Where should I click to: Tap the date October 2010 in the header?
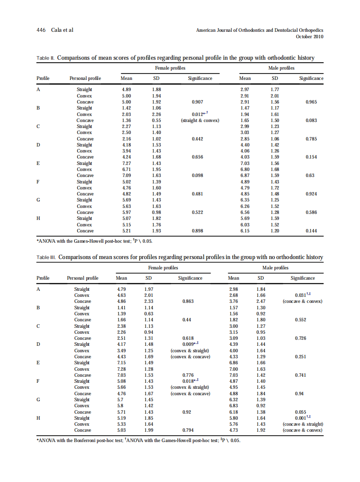click(309, 37)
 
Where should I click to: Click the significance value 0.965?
click(311, 102)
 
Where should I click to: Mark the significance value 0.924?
click(311, 194)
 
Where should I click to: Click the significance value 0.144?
click(311, 231)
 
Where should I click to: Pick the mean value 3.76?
click(233, 301)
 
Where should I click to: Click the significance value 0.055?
click(302, 412)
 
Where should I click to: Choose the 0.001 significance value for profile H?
click(301, 418)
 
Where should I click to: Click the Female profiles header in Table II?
click(170, 68)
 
